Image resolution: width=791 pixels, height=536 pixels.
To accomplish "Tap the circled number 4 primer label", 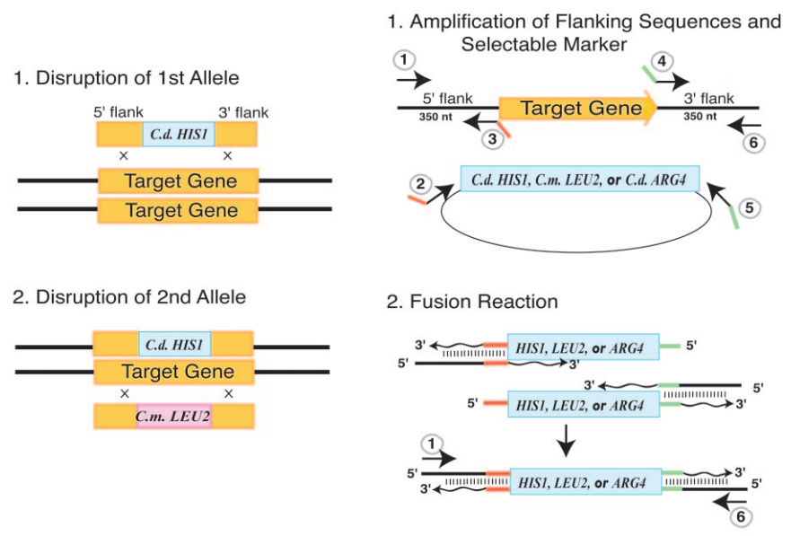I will point(661,62).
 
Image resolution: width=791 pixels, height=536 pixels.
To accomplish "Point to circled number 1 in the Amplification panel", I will point(406,59).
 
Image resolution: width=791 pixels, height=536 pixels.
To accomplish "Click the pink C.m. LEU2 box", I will point(174,417).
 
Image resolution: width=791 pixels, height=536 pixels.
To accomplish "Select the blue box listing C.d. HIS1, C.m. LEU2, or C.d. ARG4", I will point(579,179).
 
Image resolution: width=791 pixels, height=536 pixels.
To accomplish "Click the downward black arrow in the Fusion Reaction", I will point(566,436).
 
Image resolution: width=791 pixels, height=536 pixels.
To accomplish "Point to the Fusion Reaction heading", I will point(472,301).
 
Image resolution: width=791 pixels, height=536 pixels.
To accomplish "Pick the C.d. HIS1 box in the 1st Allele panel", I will point(178,135).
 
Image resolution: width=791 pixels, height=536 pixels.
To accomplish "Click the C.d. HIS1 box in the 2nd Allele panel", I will point(174,346).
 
